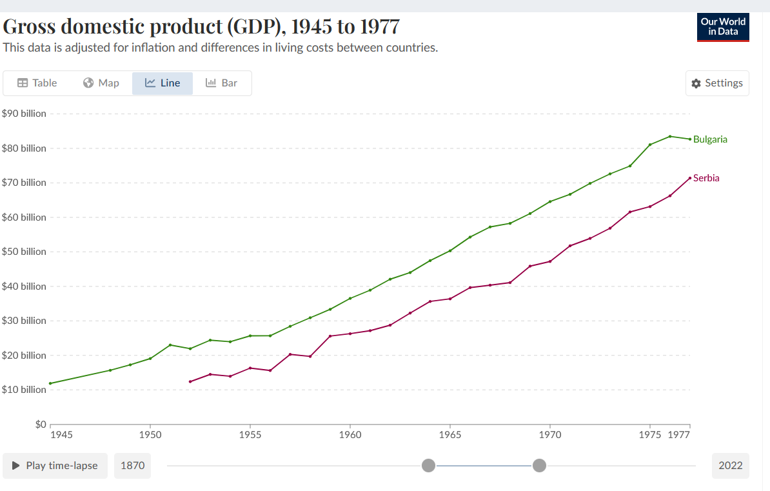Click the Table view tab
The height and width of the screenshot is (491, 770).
(x=37, y=83)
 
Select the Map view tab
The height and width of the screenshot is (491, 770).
(x=101, y=83)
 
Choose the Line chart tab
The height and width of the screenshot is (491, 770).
(x=163, y=83)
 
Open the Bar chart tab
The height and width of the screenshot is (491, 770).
(x=221, y=83)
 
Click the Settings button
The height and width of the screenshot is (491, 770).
(x=717, y=83)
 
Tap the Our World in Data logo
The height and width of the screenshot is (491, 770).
(x=723, y=27)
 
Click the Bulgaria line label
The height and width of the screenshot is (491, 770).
(x=710, y=139)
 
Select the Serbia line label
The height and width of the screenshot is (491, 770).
(x=706, y=178)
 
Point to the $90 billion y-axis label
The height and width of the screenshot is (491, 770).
(x=24, y=114)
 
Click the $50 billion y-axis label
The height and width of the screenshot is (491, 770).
(x=24, y=252)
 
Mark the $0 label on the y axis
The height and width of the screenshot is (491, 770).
(x=41, y=425)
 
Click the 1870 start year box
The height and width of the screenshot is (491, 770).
(x=132, y=466)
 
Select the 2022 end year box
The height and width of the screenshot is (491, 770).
(x=731, y=466)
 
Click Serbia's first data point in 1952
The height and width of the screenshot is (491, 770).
(x=190, y=381)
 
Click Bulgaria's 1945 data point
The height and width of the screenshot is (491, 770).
(x=50, y=383)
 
